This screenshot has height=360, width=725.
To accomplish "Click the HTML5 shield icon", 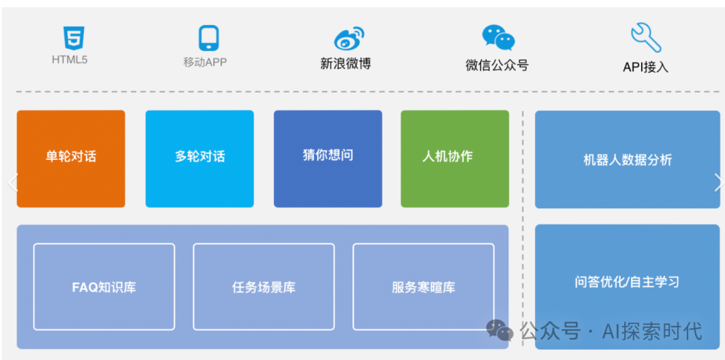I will [74, 38].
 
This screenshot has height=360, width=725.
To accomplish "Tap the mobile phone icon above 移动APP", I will [209, 38].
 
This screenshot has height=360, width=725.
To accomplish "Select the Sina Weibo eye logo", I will [348, 39].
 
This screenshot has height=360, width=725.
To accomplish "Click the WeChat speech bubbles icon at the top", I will [498, 38].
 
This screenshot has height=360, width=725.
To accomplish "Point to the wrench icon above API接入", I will [645, 38].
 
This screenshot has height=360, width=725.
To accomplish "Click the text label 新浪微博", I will [345, 64].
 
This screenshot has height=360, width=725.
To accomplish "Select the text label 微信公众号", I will [497, 65].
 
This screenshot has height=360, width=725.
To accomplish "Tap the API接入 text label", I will [645, 66].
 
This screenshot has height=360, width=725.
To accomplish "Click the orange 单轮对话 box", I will [70, 159].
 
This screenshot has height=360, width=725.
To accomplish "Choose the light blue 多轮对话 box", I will [199, 159].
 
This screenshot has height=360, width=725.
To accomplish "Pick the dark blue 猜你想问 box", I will [328, 159].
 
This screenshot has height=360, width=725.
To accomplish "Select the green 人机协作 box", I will [454, 159].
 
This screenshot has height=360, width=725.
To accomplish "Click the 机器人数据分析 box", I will [627, 160].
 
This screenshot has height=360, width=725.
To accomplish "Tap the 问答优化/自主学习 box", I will [627, 282].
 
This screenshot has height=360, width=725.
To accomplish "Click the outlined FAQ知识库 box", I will [104, 287].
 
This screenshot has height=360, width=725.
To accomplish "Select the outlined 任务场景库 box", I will [264, 287].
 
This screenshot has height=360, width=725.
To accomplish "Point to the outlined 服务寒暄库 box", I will [423, 287].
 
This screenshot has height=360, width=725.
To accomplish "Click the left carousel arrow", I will [11, 182].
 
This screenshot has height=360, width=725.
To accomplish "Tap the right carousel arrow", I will [718, 182].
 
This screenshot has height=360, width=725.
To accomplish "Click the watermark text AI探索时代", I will [652, 330].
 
